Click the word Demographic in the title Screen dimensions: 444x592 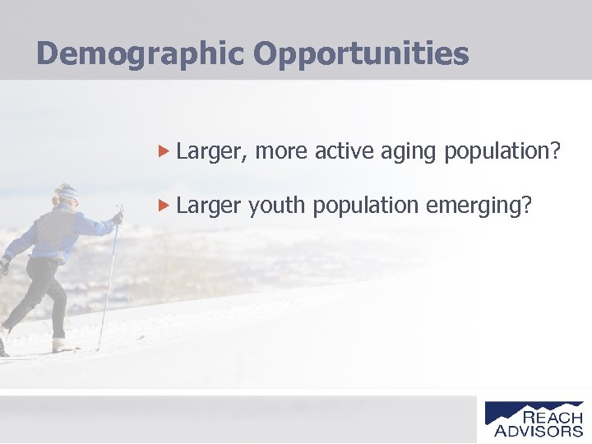[x=141, y=54]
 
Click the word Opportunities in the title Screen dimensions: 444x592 [x=361, y=54]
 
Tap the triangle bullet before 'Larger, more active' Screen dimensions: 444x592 [x=164, y=151]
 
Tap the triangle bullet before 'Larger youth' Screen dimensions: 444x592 [x=164, y=205]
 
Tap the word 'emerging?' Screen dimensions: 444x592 [x=479, y=206]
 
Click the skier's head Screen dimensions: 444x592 [x=65, y=196]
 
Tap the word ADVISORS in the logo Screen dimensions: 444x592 [x=539, y=431]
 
